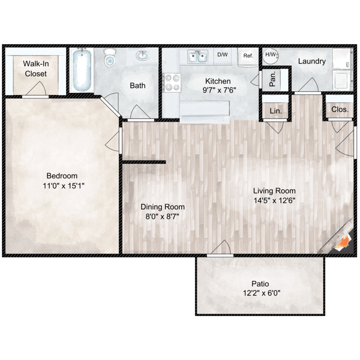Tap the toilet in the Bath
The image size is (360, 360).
110,58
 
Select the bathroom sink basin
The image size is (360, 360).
142,57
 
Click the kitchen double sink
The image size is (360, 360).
197,58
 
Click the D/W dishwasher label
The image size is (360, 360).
222,55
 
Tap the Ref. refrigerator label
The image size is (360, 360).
248,56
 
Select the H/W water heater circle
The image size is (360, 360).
271,55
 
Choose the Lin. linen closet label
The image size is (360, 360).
276,110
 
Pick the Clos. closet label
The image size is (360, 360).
339,109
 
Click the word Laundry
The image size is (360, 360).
312,61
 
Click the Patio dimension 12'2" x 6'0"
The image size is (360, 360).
260,293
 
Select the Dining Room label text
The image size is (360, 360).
162,207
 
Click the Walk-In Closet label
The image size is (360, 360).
35,69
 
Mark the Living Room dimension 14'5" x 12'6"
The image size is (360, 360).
274,201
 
